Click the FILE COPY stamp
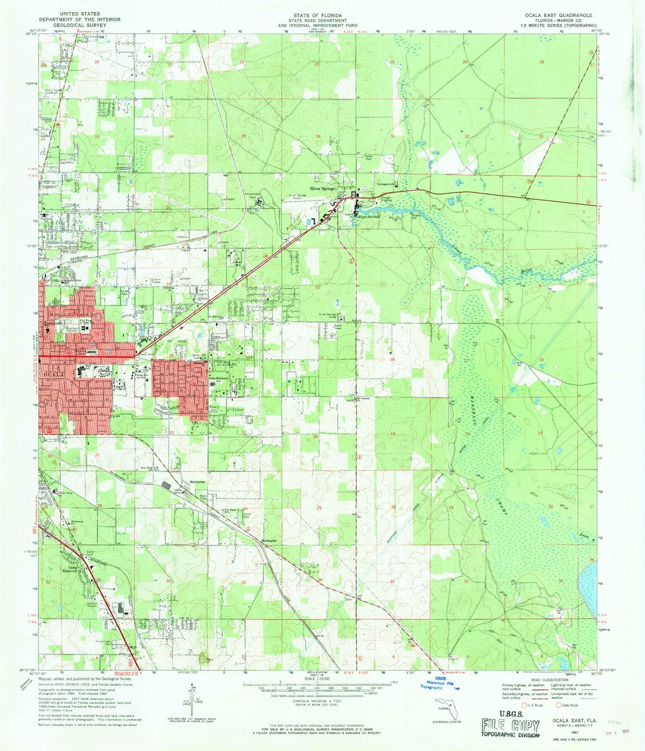510,726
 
